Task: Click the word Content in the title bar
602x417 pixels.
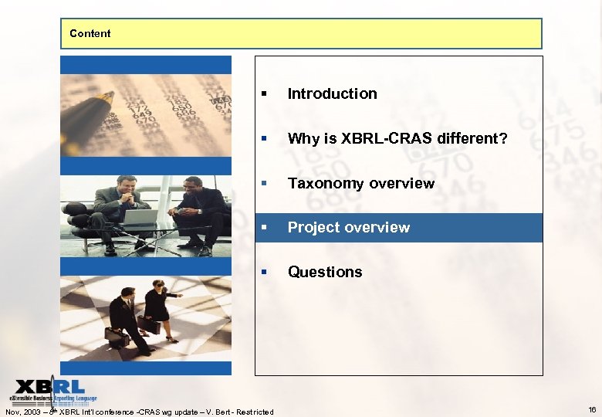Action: [x=90, y=33]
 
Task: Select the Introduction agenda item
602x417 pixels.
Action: [x=332, y=93]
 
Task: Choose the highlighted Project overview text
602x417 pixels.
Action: [x=348, y=227]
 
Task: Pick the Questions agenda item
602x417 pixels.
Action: [x=324, y=272]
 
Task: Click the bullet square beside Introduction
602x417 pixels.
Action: [x=264, y=94]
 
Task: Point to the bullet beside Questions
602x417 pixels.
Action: [x=264, y=273]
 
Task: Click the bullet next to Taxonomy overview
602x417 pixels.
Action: [x=264, y=184]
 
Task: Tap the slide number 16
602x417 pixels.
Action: [x=592, y=410]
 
